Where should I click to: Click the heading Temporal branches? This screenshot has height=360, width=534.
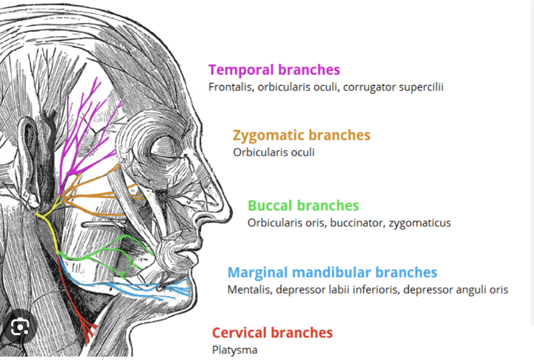(x=274, y=70)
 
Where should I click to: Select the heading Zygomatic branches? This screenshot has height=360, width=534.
(x=301, y=135)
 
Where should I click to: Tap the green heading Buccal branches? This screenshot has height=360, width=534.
(x=303, y=206)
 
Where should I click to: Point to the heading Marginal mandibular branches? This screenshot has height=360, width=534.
(x=332, y=272)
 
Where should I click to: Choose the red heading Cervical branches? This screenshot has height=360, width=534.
(x=272, y=332)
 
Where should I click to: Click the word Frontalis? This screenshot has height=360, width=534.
(x=230, y=87)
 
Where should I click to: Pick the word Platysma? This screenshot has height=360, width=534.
(x=234, y=350)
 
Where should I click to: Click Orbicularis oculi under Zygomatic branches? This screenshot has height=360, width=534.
(x=274, y=152)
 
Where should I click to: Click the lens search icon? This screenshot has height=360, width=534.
(x=21, y=327)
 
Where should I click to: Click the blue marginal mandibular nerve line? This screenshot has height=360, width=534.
(x=144, y=288)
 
